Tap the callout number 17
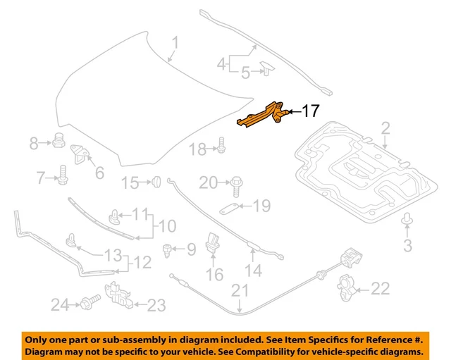[x=311, y=111]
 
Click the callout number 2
[x=385, y=128]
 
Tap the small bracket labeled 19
[x=229, y=208]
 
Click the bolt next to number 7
[x=62, y=173]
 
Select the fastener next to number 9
[x=167, y=249]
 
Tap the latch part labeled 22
[x=346, y=287]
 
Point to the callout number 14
[x=253, y=270]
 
